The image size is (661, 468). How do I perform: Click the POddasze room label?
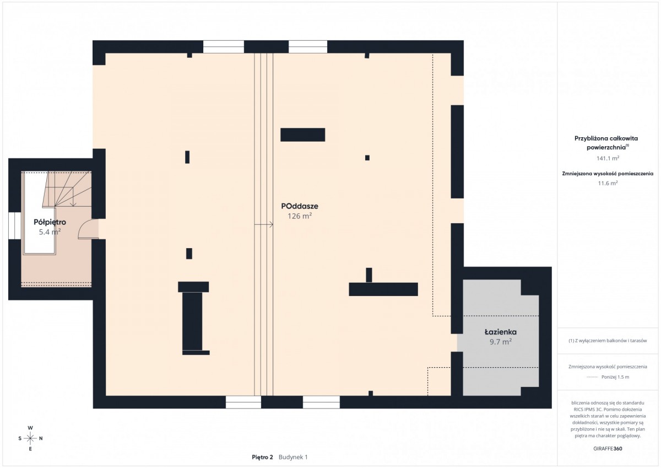coord(300,206)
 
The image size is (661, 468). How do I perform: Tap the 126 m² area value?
coord(300,216)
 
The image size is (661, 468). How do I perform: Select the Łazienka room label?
coord(501,332)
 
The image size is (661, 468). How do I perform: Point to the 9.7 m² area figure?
coord(501,342)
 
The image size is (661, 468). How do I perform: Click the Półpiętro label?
coord(50,222)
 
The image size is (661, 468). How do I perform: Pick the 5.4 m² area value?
coord(50,232)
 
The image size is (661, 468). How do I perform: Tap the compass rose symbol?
coord(30,438)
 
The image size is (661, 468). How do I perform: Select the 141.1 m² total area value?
coord(608,158)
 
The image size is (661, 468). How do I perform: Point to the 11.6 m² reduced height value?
coord(608,183)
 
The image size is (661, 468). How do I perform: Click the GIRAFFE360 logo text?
coord(608,449)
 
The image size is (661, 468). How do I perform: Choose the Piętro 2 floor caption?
coord(262,457)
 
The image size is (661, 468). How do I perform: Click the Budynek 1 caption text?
coord(293,457)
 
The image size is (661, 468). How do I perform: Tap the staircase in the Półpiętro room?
coord(67,189)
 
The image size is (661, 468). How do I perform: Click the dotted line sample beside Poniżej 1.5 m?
coord(592,377)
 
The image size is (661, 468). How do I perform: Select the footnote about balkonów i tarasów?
coord(608,341)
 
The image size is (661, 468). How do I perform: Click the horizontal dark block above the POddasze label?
coord(302,135)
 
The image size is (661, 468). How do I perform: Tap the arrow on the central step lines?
coord(263,225)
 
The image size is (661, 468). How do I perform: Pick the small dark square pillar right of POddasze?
coord(367,158)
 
